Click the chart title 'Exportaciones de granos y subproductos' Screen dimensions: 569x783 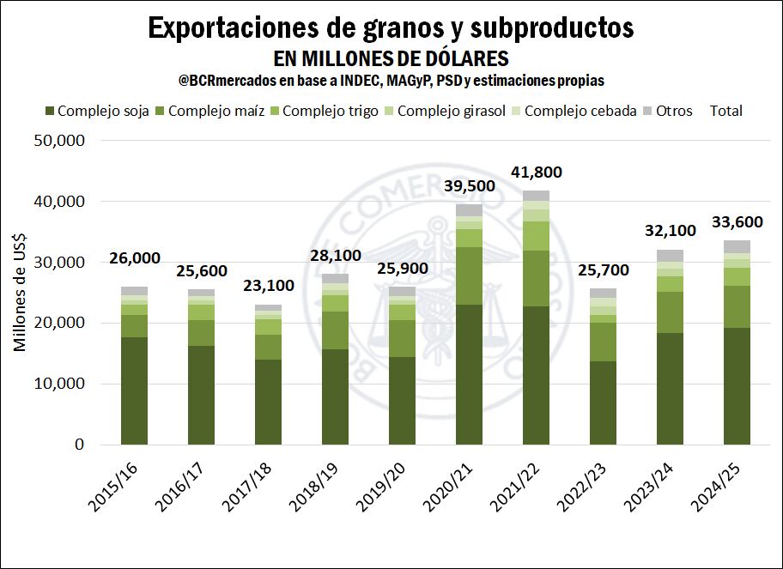coord(391,27)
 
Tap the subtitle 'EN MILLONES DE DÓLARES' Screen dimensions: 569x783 coord(391,58)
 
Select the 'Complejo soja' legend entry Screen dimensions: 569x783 coord(96,111)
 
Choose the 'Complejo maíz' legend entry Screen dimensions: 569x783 coord(211,111)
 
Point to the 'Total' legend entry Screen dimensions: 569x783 coord(726,111)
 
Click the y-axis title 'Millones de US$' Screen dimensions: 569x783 coord(20,293)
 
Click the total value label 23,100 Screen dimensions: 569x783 coord(269,287)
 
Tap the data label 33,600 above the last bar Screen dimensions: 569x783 coord(737,222)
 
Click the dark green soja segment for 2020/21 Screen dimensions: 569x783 coord(469,374)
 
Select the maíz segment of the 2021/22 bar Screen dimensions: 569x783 coord(536,278)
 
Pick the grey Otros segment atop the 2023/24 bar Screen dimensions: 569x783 coord(670,255)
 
